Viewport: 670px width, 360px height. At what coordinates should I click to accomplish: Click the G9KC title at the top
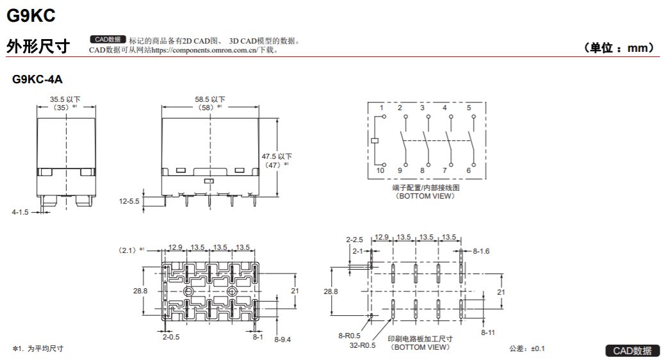coord(31,15)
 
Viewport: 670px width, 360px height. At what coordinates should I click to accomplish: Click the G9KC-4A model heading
coord(37,79)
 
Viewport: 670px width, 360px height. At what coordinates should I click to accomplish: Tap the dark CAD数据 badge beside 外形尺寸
coord(108,39)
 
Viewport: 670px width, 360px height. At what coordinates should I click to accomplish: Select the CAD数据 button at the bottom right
coord(632,350)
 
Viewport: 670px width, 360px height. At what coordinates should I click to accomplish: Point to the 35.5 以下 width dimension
coord(65,99)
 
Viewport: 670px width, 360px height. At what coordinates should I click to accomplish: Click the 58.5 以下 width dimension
coord(210,99)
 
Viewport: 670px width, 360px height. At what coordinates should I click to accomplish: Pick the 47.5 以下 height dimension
coord(277,156)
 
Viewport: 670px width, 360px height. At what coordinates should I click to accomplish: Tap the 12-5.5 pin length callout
coord(129,201)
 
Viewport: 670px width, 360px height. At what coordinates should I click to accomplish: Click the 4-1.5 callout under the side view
coord(20,212)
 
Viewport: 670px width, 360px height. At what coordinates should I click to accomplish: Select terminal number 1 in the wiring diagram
coord(382,108)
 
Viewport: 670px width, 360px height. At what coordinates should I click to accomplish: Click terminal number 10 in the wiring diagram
coord(380,170)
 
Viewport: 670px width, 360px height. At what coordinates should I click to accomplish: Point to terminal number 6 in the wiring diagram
coord(469,170)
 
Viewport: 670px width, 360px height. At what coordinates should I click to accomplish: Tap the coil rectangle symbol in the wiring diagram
coord(374,140)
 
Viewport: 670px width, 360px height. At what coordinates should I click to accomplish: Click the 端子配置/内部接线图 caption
coord(425,188)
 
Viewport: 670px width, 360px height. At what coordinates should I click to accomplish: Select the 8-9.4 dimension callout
coord(282,340)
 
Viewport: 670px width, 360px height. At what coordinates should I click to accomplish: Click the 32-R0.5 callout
coord(363,345)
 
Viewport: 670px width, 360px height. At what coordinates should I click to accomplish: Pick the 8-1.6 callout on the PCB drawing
coord(481,251)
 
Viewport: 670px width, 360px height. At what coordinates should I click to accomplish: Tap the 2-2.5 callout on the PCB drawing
coord(354,240)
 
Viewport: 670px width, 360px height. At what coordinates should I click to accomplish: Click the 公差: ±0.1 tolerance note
coord(527,348)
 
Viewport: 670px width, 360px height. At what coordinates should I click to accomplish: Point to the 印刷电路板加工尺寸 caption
coord(420,339)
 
